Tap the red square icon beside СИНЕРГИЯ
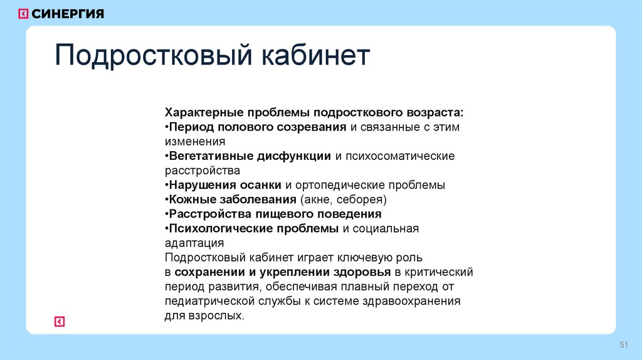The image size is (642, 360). pos(23,14)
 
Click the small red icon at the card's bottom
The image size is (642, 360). pos(60,322)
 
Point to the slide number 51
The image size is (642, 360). pos(623,346)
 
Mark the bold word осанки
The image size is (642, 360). pos(261,185)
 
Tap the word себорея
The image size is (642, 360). pos(364,199)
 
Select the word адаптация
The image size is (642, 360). pos(194,243)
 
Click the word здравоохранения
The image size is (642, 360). pos(416,301)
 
